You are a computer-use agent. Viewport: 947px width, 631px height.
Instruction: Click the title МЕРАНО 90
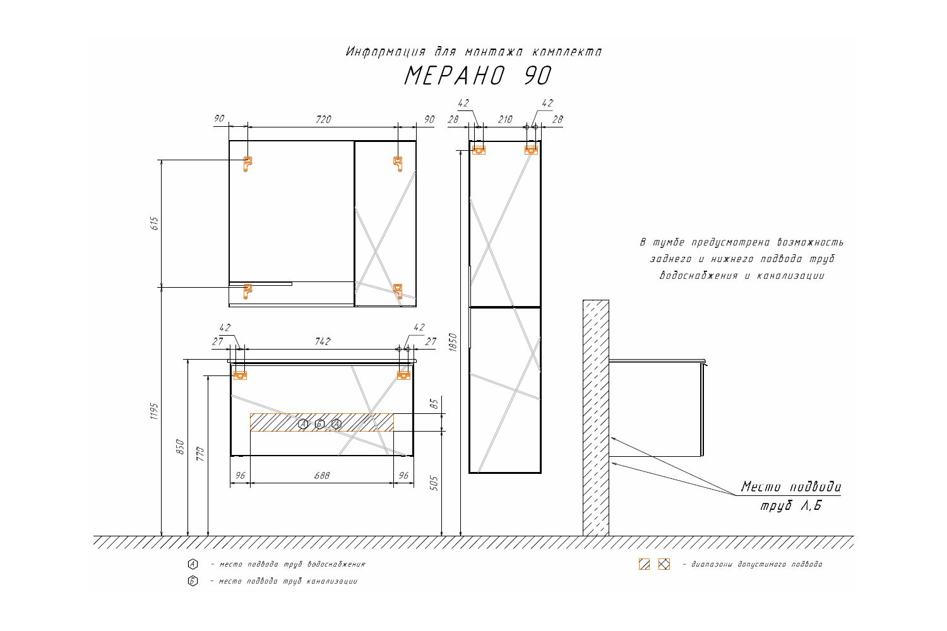point(478,76)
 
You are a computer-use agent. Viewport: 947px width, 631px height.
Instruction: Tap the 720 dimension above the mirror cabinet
point(323,120)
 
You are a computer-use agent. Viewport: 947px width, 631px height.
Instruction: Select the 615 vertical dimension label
point(155,223)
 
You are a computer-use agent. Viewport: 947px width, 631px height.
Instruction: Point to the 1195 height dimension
point(154,411)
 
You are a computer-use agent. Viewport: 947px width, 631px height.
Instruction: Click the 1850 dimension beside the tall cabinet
point(453,343)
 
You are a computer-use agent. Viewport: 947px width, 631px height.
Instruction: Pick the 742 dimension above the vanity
point(323,341)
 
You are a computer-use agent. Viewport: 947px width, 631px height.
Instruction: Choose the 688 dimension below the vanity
point(322,476)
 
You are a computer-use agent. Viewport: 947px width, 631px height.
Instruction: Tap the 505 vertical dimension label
point(434,483)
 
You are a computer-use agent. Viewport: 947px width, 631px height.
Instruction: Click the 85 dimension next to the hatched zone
point(434,404)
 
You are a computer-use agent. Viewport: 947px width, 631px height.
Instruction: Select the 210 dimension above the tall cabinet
point(505,120)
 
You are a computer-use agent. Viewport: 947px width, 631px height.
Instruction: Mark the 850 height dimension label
point(180,447)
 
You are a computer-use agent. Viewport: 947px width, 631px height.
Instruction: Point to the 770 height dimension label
point(200,454)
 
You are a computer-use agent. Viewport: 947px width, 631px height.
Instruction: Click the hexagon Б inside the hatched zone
point(319,423)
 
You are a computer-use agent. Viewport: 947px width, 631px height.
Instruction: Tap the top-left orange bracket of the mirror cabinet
point(247,164)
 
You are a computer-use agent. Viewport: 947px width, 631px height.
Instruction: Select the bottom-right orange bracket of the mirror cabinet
point(398,291)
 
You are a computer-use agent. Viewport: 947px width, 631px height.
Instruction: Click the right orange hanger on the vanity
point(404,375)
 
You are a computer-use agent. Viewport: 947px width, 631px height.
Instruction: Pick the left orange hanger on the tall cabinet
point(479,150)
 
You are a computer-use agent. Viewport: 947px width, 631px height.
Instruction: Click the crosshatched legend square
point(664,564)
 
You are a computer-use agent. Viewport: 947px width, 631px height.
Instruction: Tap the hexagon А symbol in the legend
point(193,564)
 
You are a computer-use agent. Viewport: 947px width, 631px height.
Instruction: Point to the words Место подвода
point(790,487)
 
